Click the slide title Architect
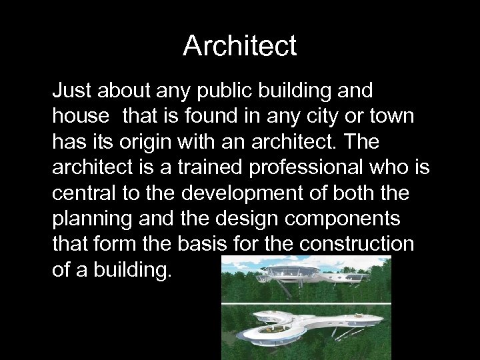(239, 46)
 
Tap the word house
(80, 116)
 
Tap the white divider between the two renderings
(306, 304)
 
